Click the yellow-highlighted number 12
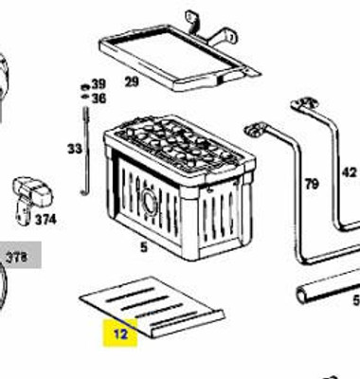pyautogui.click(x=121, y=333)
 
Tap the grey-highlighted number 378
pyautogui.click(x=17, y=256)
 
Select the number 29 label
pyautogui.click(x=132, y=81)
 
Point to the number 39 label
pyautogui.click(x=99, y=83)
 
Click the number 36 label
pyautogui.click(x=99, y=98)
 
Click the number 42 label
pyautogui.click(x=349, y=172)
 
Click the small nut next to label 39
pyautogui.click(x=84, y=84)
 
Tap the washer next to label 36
pyautogui.click(x=84, y=97)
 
